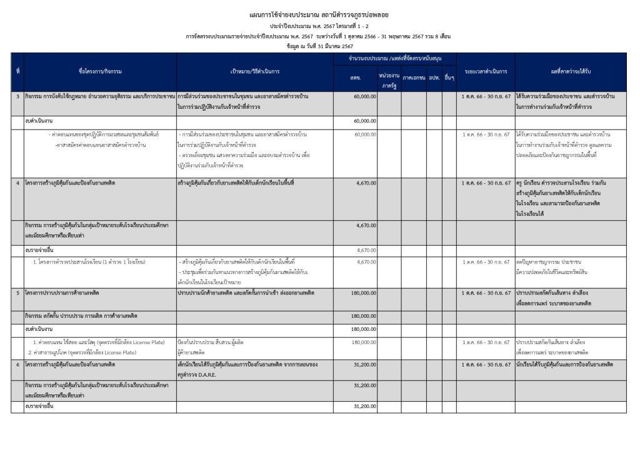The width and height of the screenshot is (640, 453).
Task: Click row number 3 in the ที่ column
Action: (x=17, y=97)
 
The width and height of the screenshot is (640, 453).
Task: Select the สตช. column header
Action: (x=355, y=77)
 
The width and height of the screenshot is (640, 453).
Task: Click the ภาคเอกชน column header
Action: (x=414, y=77)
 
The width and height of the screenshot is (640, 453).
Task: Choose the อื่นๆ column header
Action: (x=449, y=77)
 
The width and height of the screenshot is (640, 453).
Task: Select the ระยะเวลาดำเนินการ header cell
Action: (x=486, y=71)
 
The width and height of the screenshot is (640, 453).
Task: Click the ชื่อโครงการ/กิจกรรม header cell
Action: (x=100, y=71)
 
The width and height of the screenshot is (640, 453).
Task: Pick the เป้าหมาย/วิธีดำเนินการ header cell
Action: (x=254, y=71)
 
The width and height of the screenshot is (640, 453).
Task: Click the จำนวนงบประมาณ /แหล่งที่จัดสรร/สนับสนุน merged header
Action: (x=394, y=58)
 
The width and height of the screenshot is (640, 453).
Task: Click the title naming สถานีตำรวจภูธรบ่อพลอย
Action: (x=319, y=14)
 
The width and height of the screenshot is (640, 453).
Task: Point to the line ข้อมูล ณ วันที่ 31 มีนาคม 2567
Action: (x=319, y=46)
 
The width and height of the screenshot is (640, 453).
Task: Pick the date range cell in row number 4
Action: (x=486, y=183)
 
